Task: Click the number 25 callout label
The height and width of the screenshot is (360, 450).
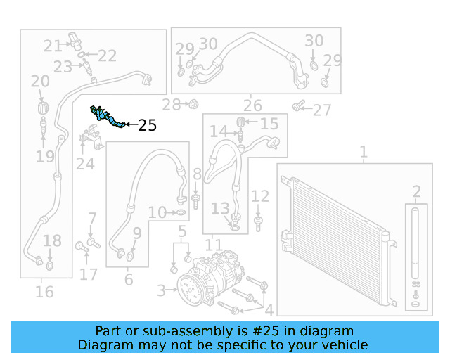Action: (x=148, y=126)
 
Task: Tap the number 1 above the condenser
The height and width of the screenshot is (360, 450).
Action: (x=364, y=152)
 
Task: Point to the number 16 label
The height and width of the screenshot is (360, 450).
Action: (x=44, y=291)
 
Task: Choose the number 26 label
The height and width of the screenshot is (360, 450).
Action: (x=252, y=106)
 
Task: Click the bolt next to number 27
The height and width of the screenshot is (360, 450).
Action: (x=298, y=107)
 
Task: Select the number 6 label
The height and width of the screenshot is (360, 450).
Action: (x=128, y=280)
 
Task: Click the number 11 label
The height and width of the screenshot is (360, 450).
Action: (x=214, y=245)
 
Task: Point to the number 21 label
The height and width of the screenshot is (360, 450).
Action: (x=53, y=46)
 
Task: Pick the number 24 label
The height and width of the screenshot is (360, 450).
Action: (x=85, y=164)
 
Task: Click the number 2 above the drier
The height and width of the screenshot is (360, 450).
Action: (x=416, y=191)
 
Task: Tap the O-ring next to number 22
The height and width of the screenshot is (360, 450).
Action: (x=83, y=54)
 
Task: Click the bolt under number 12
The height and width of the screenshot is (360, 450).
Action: (x=259, y=223)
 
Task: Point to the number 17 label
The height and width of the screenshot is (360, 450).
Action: (x=89, y=274)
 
